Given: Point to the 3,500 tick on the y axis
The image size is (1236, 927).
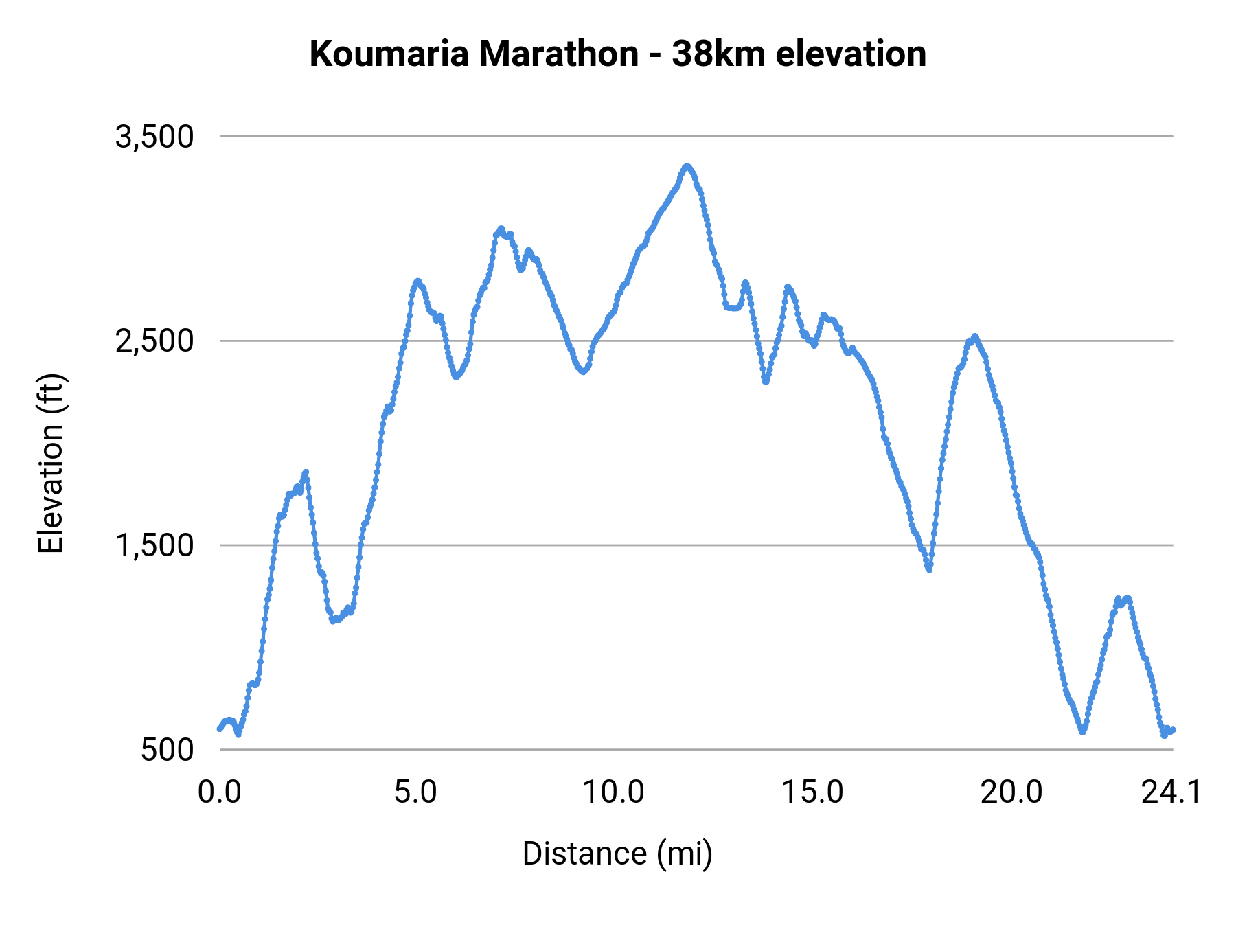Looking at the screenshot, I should coord(154,137).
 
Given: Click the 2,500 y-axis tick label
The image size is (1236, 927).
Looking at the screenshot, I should coord(154,341).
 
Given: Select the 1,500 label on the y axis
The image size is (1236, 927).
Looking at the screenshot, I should coord(154,545).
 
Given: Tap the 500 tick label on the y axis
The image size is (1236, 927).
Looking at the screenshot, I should coord(168,750).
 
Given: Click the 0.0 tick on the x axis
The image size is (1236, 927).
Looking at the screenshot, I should coord(220,792).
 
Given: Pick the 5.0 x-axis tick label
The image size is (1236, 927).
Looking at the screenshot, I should coord(415,792).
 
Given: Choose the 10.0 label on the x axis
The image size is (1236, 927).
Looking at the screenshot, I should coord(613,792).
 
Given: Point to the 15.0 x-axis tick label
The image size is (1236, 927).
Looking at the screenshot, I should coord(813,792).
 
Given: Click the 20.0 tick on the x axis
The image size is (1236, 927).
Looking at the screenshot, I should coord(1011,792).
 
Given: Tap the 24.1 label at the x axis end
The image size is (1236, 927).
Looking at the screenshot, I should coord(1171,792).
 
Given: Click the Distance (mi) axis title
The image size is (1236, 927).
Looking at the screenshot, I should coord(617,854).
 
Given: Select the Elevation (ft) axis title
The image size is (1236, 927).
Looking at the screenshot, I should coord(51,463).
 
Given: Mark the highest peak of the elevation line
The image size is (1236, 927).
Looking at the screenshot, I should coord(687,166).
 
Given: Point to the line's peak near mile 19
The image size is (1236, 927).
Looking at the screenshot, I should coord(974,336).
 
